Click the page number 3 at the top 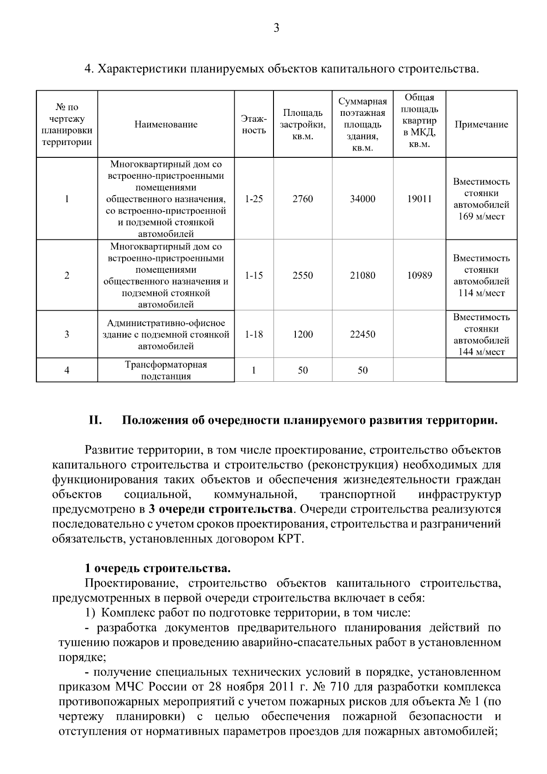(x=276, y=29)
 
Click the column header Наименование (x=166, y=125)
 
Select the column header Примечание (x=481, y=125)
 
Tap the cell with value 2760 (x=303, y=199)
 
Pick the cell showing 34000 (x=362, y=199)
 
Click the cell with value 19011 (x=419, y=199)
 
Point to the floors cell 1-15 (x=253, y=275)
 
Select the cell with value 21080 (x=362, y=275)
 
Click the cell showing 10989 (x=419, y=275)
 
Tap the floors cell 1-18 (x=253, y=334)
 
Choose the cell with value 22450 (x=362, y=334)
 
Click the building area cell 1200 (x=303, y=334)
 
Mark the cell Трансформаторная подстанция (x=166, y=370)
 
